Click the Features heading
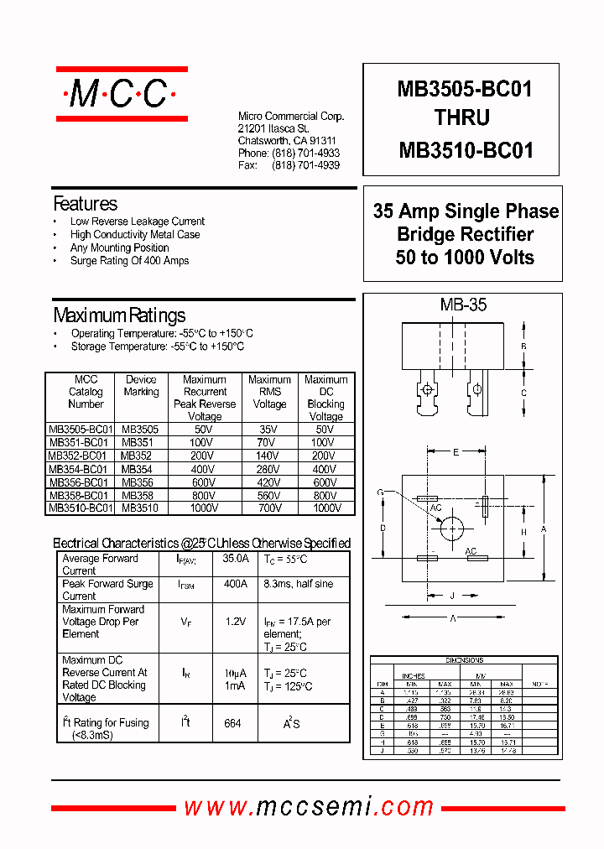(x=85, y=204)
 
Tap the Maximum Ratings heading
(x=119, y=315)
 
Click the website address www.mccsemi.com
(x=309, y=807)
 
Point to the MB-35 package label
(x=463, y=305)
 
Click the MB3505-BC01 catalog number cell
(x=80, y=429)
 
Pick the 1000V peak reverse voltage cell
(x=205, y=508)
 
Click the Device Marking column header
(x=141, y=386)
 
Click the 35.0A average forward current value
(x=236, y=559)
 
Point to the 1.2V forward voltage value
(x=235, y=622)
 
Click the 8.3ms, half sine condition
(x=298, y=583)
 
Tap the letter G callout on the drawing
(x=380, y=492)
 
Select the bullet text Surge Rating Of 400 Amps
(x=129, y=261)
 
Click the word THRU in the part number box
(x=462, y=118)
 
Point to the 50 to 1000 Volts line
(x=465, y=258)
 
